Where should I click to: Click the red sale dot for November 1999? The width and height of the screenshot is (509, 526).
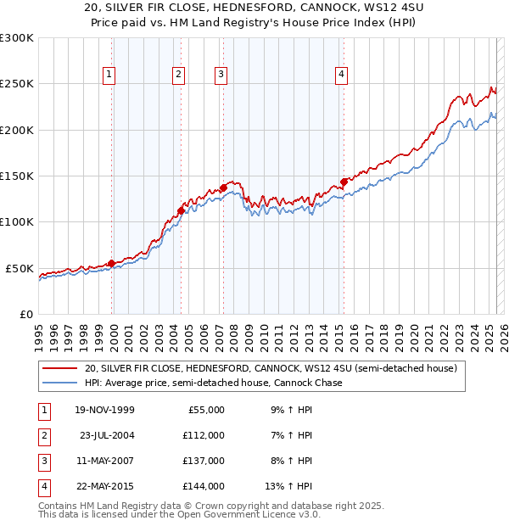point(111,263)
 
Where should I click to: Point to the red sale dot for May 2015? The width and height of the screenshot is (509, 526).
point(344,181)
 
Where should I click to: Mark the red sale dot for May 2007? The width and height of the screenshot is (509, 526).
point(223,187)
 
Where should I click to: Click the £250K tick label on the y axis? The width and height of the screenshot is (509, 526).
point(17,84)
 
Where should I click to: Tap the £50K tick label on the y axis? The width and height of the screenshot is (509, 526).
point(20,268)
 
